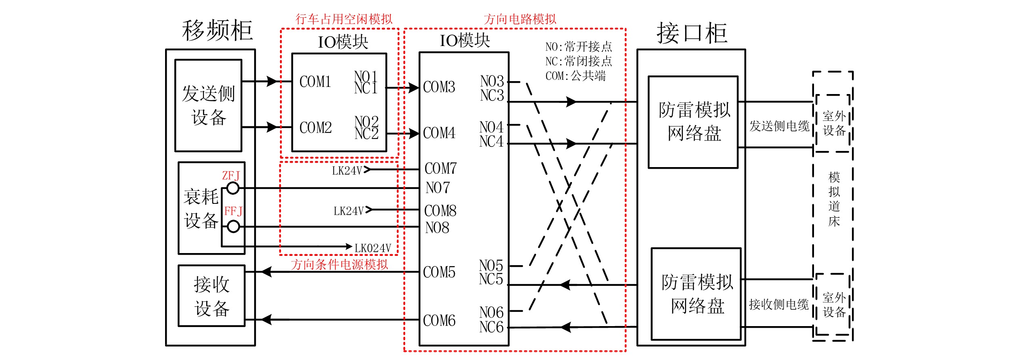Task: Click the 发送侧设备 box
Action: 208,106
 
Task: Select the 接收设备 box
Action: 211,296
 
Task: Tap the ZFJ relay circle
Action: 233,188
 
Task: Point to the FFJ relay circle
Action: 233,227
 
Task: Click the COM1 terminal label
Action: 315,82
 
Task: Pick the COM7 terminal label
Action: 441,168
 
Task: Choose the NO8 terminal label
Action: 437,228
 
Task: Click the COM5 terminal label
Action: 439,272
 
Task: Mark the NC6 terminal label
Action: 491,327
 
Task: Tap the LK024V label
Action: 373,248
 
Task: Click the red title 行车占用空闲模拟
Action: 344,19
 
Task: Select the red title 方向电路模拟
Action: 520,19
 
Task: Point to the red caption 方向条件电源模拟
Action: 339,265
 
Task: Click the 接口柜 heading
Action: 692,33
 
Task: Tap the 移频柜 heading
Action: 218,31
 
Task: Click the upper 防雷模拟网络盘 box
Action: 693,122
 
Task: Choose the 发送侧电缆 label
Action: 779,126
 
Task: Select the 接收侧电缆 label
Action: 779,304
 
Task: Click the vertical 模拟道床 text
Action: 834,199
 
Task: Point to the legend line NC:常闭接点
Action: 579,61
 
